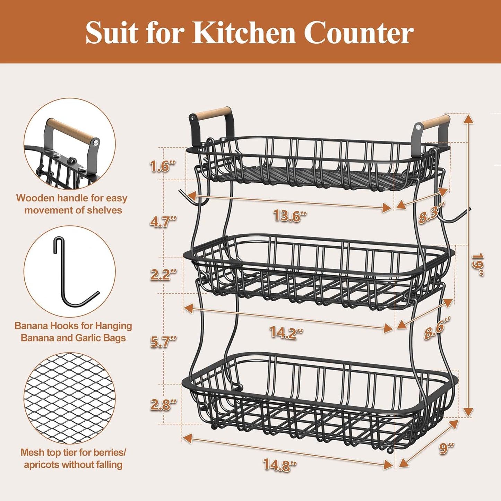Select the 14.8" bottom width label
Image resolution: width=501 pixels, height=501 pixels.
(279, 465)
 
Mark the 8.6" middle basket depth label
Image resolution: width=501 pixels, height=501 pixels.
(437, 328)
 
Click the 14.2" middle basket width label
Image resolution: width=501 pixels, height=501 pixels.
(286, 332)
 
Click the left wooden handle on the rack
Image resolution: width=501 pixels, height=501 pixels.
(212, 113)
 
